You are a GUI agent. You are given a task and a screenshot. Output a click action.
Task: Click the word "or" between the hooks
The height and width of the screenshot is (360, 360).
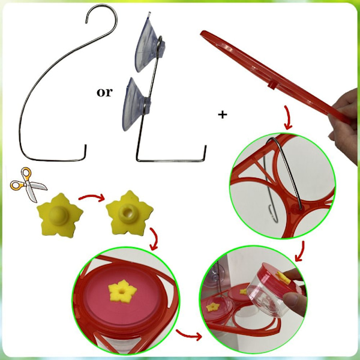pyautogui.click(x=104, y=92)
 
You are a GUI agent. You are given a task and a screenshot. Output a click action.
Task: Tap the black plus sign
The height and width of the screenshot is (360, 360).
pyautogui.click(x=222, y=115)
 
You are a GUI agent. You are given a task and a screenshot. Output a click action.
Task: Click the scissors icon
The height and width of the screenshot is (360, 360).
pyautogui.click(x=28, y=184)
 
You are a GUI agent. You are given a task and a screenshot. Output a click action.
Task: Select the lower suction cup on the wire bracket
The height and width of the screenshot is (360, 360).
pyautogui.click(x=136, y=104)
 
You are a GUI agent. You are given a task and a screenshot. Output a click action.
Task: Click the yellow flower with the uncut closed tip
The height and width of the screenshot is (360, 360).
pyautogui.click(x=59, y=215)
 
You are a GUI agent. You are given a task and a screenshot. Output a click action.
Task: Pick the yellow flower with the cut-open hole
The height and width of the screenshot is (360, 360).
pyautogui.click(x=129, y=213)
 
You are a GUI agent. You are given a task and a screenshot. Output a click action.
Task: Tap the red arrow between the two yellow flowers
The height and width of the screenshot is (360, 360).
pyautogui.click(x=92, y=197)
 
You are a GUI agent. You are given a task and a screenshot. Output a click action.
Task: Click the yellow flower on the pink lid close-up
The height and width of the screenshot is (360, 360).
pyautogui.click(x=122, y=290)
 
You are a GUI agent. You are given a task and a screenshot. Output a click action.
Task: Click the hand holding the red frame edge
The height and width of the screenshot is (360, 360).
pyautogui.click(x=344, y=124)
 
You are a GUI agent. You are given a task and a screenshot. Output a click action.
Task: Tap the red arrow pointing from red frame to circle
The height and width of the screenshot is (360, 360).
pyautogui.click(x=288, y=118)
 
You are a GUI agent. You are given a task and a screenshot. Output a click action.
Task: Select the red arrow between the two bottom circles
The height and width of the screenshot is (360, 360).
pyautogui.click(x=189, y=335)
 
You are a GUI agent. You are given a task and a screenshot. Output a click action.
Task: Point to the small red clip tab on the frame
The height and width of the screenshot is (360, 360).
pyautogui.click(x=272, y=85)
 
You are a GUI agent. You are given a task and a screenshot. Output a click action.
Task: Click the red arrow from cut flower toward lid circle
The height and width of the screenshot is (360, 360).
pyautogui.click(x=154, y=239)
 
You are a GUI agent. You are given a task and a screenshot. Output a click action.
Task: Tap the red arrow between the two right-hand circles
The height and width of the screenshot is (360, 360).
pyautogui.click(x=300, y=251)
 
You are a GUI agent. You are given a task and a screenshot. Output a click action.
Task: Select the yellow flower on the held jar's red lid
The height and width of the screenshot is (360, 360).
pyautogui.click(x=284, y=278)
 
